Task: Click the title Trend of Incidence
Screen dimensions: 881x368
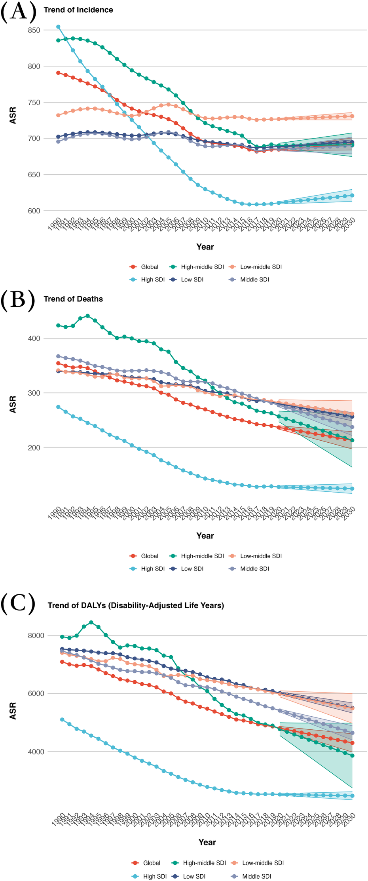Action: [x=78, y=10]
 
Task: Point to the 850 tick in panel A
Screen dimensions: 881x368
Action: [x=34, y=30]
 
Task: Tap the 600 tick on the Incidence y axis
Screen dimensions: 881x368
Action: [x=34, y=211]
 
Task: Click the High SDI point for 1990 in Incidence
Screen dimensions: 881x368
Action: [x=58, y=27]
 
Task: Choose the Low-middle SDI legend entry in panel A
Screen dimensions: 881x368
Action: [x=261, y=267]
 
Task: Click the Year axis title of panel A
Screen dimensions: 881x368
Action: [x=205, y=247]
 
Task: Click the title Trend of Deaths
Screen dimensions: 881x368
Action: [x=73, y=299]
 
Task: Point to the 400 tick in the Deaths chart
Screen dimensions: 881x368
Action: [x=34, y=339]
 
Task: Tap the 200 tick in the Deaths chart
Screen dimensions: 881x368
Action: [x=34, y=448]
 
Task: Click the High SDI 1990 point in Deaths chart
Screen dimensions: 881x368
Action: [x=58, y=407]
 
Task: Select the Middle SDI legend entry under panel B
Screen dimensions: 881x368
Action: [x=254, y=569]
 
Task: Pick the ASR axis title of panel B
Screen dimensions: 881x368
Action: [x=13, y=404]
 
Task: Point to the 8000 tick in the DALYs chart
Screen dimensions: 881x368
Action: [x=36, y=636]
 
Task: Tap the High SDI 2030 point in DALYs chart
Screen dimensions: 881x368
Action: [x=352, y=796]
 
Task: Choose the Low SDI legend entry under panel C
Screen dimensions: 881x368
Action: [x=194, y=876]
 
